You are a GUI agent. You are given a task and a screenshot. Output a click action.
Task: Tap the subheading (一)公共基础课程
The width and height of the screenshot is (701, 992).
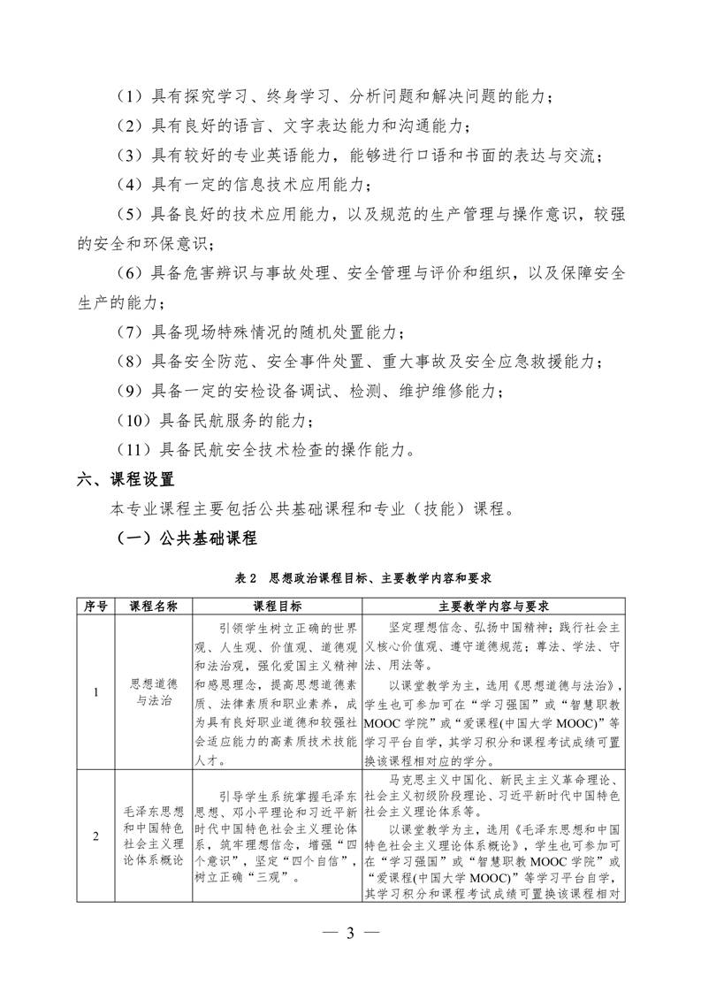187,538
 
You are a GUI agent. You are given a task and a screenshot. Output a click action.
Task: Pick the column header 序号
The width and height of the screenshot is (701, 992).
95,607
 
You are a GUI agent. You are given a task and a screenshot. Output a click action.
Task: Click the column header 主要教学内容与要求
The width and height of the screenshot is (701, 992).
495,607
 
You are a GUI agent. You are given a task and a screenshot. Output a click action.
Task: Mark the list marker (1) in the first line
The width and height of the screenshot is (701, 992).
130,95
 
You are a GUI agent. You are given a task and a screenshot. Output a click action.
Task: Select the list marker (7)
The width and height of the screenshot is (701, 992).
130,332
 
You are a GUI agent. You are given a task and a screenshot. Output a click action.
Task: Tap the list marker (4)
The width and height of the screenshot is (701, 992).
130,184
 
